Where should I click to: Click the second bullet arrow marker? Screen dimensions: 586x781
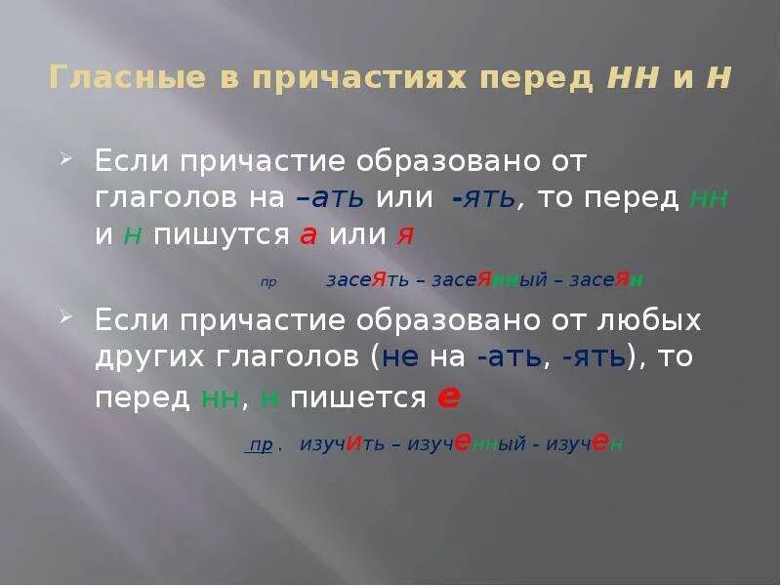pyautogui.click(x=65, y=318)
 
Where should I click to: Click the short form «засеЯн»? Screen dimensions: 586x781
pyautogui.click(x=607, y=280)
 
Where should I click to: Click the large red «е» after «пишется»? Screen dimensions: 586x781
pyautogui.click(x=449, y=397)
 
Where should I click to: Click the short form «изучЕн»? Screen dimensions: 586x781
pyautogui.click(x=584, y=444)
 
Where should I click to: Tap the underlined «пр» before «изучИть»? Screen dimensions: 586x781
pyautogui.click(x=261, y=445)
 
